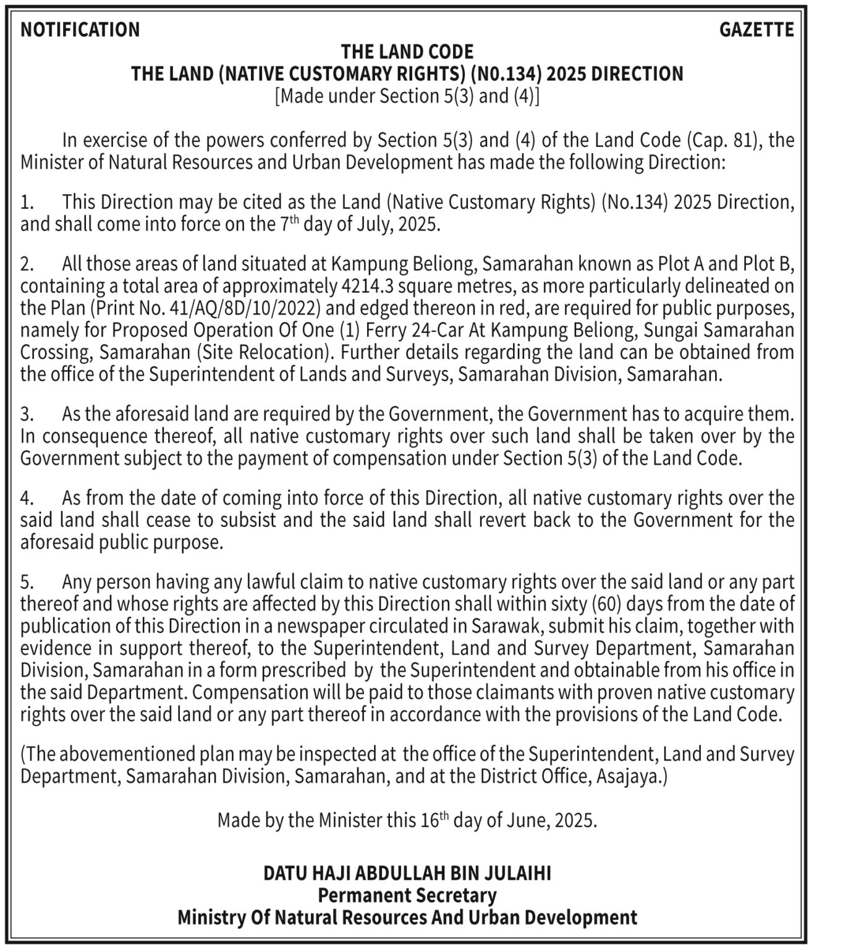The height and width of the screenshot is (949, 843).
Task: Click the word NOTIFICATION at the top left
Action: coord(80,30)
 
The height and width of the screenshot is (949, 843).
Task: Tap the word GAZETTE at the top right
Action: coord(756,30)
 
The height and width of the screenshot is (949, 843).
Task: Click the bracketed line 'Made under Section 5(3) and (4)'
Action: coord(407,96)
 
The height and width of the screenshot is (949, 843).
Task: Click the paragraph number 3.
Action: coord(26,414)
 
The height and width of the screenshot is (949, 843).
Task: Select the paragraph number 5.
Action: coord(26,582)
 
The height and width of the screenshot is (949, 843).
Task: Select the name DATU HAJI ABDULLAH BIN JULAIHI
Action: coord(407,873)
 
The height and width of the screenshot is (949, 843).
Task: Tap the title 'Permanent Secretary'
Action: coord(407,895)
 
